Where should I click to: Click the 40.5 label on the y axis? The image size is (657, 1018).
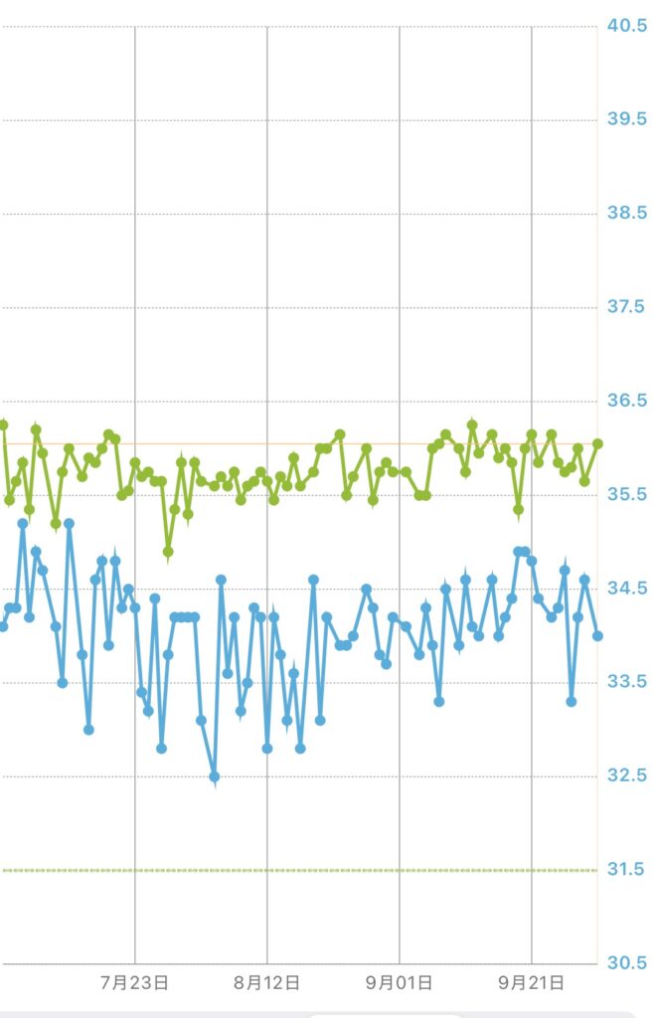coord(627,26)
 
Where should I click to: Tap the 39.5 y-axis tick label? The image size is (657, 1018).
coord(627,119)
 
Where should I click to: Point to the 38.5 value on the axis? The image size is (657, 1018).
coord(627,214)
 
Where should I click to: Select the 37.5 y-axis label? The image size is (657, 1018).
coord(627,307)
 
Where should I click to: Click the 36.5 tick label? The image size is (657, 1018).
coord(627,401)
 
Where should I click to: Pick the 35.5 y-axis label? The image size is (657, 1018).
coord(627,495)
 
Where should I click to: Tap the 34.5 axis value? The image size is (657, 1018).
coord(627,589)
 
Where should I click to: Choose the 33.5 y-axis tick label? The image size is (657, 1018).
coord(627,682)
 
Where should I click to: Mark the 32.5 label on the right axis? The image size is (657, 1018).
coord(627,776)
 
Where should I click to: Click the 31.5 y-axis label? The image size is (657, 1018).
coord(627,870)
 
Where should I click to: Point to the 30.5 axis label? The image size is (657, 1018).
coord(627,963)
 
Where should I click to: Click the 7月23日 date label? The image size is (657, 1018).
coord(135,983)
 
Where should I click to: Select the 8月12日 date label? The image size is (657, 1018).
coord(267,983)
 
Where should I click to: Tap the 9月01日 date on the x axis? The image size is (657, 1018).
coord(400,983)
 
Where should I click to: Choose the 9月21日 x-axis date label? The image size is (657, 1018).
coord(532,983)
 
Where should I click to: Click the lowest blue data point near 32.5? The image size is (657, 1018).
coord(214,776)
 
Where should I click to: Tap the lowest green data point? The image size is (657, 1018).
coord(168,551)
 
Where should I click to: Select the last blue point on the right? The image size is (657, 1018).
coord(597,636)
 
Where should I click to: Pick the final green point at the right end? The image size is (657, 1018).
coord(597,443)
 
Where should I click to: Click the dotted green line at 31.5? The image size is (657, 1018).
coord(298,870)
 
